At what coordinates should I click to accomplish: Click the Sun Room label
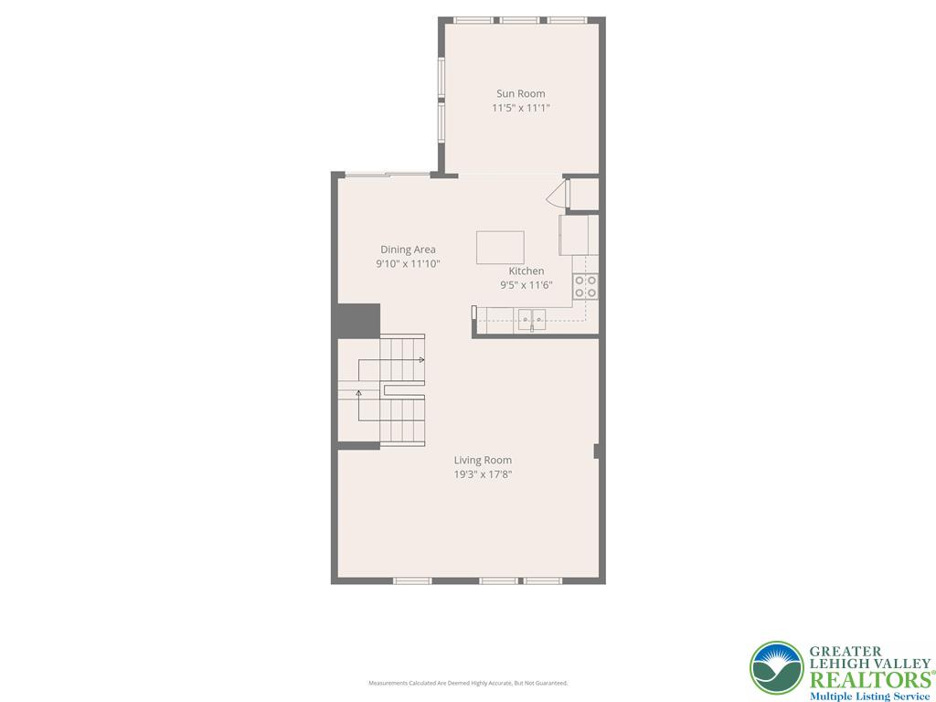(520, 93)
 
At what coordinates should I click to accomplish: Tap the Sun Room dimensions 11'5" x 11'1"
(520, 108)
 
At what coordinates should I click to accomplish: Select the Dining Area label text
(408, 250)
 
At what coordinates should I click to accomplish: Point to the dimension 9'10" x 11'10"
(408, 264)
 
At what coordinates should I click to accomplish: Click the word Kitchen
(526, 271)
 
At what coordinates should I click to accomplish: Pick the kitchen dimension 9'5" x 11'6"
(526, 285)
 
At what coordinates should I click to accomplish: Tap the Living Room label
(483, 461)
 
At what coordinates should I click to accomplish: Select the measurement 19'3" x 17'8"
(483, 474)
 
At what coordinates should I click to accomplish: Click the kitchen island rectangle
(500, 248)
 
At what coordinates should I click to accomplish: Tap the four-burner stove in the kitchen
(585, 287)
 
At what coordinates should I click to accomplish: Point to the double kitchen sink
(532, 319)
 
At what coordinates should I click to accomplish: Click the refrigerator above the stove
(580, 235)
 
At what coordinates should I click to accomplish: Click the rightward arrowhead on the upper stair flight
(421, 360)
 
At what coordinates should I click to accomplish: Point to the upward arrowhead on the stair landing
(358, 393)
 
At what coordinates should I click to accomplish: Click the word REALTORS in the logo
(868, 679)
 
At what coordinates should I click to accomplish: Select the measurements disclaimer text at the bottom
(468, 683)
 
